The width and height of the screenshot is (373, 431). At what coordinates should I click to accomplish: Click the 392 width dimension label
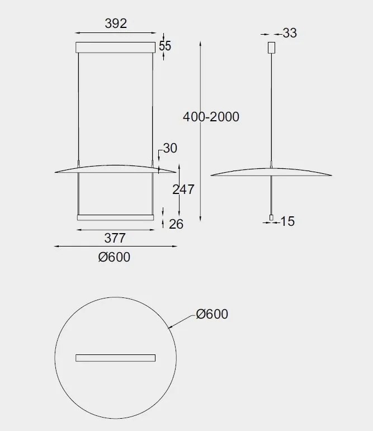[x=116, y=23]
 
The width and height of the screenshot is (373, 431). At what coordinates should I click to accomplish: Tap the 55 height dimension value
[x=165, y=46]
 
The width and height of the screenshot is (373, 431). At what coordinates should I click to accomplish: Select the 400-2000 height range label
[x=211, y=117]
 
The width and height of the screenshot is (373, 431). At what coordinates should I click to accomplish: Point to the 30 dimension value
[x=170, y=148]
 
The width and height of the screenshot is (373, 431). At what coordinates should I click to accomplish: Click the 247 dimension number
[x=183, y=190]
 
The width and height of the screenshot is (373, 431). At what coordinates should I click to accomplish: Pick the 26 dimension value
[x=176, y=224]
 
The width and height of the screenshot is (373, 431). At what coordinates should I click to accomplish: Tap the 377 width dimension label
[x=115, y=238]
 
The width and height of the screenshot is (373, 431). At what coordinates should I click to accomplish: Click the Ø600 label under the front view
[x=114, y=257]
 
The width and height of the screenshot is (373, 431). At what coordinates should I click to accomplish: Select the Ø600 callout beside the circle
[x=212, y=314]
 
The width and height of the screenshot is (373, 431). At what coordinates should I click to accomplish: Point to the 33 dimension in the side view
[x=290, y=33]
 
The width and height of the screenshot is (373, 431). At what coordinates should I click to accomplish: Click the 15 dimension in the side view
[x=287, y=221]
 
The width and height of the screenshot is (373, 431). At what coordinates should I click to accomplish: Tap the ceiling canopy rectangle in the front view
[x=115, y=46]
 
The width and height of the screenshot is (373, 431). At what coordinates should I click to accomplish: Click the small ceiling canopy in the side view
[x=272, y=48]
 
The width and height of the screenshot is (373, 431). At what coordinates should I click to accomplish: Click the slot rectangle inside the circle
[x=115, y=358]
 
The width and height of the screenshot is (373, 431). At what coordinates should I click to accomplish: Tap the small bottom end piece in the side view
[x=272, y=217]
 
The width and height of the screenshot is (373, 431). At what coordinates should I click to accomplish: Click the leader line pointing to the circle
[x=181, y=320]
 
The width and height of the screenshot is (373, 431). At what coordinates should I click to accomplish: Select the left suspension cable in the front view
[x=79, y=106]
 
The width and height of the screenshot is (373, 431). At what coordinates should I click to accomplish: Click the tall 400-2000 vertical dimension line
[x=201, y=84]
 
